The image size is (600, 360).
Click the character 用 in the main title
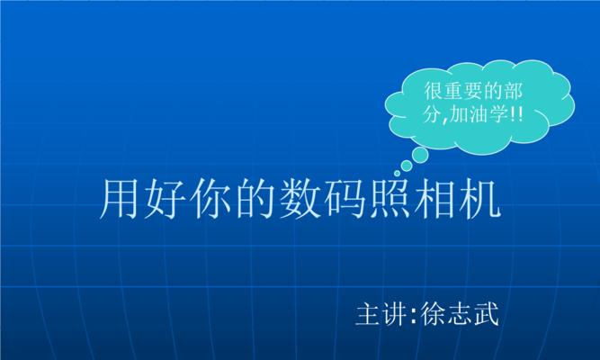click(x=119, y=199)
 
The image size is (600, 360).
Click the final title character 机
click(x=480, y=199)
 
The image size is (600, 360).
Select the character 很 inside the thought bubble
click(x=434, y=91)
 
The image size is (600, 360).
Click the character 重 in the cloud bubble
click(x=453, y=91)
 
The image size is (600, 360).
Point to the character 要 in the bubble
click(x=473, y=91)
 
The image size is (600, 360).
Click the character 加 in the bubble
click(x=460, y=113)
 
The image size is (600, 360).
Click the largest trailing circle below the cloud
click(x=420, y=155)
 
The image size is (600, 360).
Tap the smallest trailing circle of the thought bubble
click(x=398, y=174)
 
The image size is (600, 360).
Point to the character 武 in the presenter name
click(x=487, y=314)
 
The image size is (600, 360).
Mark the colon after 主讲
click(x=413, y=315)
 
